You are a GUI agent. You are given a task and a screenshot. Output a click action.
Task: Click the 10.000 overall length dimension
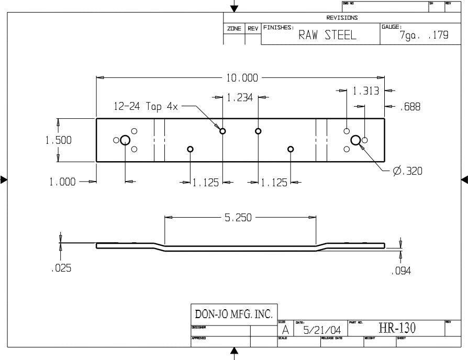coord(242,78)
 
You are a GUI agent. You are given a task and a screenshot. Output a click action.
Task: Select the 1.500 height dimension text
coord(58,140)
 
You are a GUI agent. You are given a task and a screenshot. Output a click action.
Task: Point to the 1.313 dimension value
coord(365,91)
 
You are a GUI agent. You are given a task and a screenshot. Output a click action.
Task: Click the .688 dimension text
coord(409,107)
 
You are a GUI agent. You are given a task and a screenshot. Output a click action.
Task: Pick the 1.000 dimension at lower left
coord(62,182)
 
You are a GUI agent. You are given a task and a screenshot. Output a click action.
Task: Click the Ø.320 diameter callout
coord(407,171)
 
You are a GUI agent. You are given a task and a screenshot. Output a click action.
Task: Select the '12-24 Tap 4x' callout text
coord(146,106)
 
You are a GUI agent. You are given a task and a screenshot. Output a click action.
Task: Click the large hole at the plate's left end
coord(125,140)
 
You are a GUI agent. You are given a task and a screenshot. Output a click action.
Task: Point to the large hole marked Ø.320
coord(355,140)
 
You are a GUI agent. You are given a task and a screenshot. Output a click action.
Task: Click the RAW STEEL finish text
coord(327,36)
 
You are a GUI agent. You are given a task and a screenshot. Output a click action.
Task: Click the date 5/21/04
coord(321,331)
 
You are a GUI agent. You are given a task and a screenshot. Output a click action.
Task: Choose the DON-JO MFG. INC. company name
coord(233,314)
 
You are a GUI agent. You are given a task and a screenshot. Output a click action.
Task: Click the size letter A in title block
coord(285,331)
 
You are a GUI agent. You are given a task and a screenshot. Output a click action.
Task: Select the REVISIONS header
coord(342,18)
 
